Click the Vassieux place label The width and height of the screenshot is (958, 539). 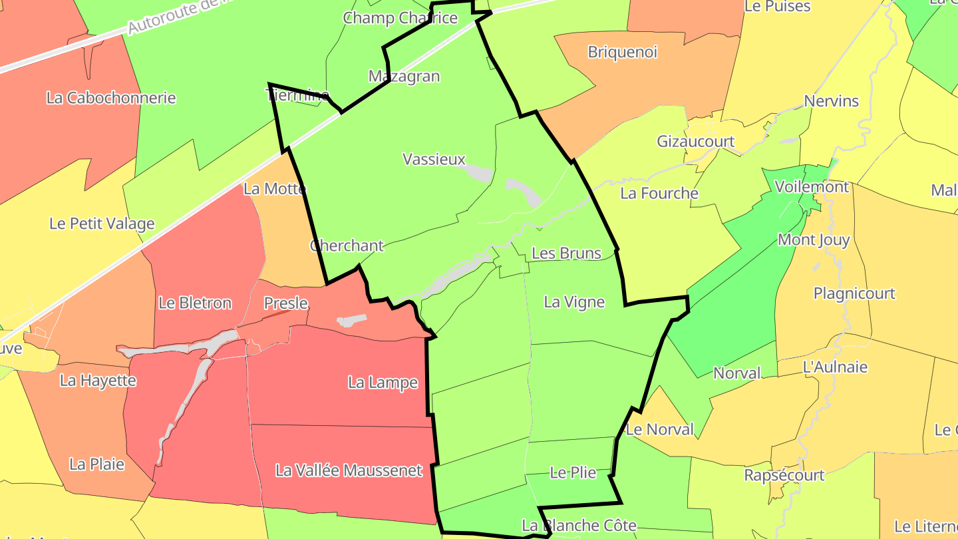tap(434, 159)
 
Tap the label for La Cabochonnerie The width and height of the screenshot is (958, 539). tap(111, 98)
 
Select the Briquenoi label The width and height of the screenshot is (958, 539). tap(622, 52)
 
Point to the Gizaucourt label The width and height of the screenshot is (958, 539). tap(695, 141)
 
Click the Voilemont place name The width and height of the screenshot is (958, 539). tap(812, 187)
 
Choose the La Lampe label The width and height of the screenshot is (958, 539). tap(383, 383)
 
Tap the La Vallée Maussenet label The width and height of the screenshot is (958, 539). tap(349, 470)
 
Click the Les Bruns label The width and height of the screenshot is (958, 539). tap(566, 254)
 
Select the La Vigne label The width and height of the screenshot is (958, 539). tap(574, 302)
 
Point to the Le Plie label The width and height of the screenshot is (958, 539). tap(573, 473)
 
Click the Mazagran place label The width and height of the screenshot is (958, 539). tap(404, 77)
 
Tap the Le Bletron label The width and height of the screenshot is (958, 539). tap(195, 303)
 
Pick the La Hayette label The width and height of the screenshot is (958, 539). tap(98, 381)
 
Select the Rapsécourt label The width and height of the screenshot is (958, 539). tap(784, 475)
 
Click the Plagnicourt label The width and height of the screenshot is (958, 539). tap(854, 293)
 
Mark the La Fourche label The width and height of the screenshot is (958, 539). tap(659, 194)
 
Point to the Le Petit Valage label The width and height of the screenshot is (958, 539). tap(102, 224)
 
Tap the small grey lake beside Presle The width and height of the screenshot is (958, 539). tap(352, 321)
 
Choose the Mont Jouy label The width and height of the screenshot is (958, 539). tap(814, 240)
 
